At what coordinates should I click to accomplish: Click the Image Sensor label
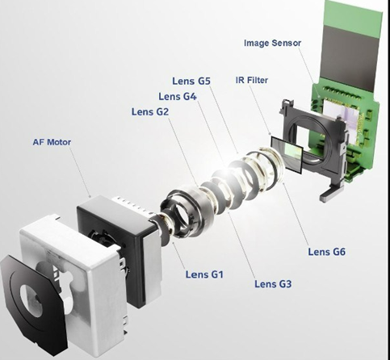point(272,43)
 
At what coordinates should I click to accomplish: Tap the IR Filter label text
point(252,80)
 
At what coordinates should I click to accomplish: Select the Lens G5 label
point(191,81)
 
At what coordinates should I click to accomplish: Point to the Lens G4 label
point(178,96)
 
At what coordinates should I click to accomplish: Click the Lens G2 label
point(150,111)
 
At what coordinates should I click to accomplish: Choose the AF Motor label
point(52,142)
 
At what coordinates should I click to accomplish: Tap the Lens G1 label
point(204,274)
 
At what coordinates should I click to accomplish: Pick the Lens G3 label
point(273,284)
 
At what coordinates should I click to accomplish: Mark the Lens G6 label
point(326,252)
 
